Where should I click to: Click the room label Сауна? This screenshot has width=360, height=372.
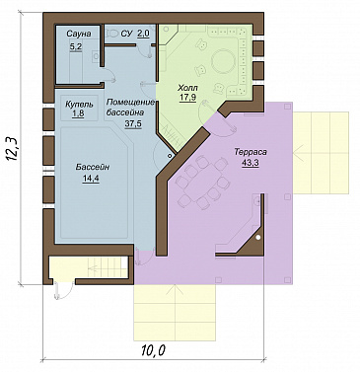coord(79,34)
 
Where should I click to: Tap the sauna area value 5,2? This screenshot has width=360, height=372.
coord(75,47)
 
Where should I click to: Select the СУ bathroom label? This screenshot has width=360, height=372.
coord(126,34)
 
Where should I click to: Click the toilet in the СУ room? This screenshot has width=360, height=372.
coord(112,33)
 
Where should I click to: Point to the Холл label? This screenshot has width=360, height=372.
coord(187,88)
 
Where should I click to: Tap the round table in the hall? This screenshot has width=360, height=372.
coord(223,61)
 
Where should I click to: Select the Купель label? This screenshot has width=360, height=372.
coord(79,105)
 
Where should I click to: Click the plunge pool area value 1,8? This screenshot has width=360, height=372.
coord(79,114)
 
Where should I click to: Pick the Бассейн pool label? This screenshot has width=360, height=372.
coord(93,167)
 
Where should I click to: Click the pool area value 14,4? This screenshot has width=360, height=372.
coord(91,179)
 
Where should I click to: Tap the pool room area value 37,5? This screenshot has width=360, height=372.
coord(133,123)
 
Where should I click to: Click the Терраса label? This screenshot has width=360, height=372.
coord(251,152)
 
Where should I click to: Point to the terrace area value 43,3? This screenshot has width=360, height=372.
coord(251,163)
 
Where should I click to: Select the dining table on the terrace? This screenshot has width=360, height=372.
coord(203,184)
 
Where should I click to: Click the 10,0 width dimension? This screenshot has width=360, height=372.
coord(153,350)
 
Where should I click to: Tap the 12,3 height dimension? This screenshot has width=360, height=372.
coord(13,148)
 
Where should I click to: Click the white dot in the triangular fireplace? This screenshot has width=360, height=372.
coord(258,237)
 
